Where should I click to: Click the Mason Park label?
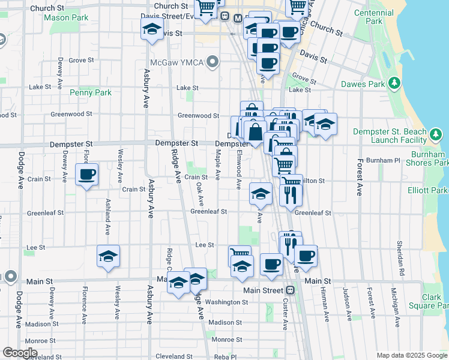tap(66, 18)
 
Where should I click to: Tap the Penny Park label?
tap(91, 92)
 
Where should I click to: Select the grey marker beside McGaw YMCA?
tap(212, 61)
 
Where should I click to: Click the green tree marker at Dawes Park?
tap(394, 83)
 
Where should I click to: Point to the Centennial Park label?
tap(376, 17)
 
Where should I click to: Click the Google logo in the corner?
tap(20, 353)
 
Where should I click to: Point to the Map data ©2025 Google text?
tap(411, 355)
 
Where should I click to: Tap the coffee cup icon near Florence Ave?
tap(86, 175)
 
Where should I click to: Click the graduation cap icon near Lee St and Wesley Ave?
tap(108, 256)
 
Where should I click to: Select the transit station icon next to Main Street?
tap(290, 290)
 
